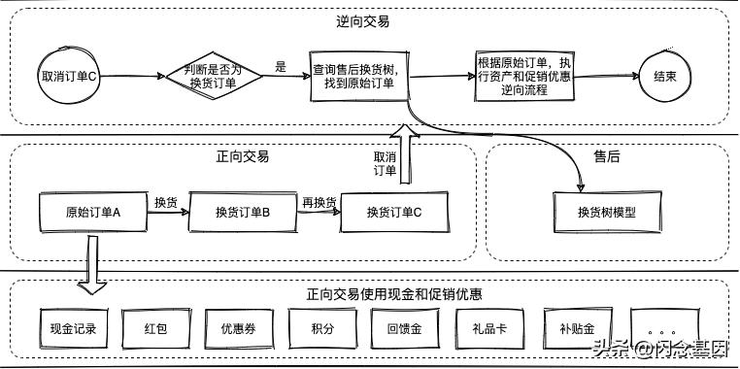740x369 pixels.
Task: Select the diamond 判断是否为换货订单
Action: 212,76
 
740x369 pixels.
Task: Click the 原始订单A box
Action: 92,212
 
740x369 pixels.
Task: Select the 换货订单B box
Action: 242,213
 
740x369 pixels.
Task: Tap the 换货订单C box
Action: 395,213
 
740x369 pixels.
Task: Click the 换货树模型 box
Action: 606,213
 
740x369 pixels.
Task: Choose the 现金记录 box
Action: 74,328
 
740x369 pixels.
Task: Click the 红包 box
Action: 154,328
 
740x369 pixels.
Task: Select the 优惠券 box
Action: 237,328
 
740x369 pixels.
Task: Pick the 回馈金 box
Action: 402,328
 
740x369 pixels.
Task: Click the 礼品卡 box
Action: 486,328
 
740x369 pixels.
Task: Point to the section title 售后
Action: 606,155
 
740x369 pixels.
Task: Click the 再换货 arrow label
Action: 318,202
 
